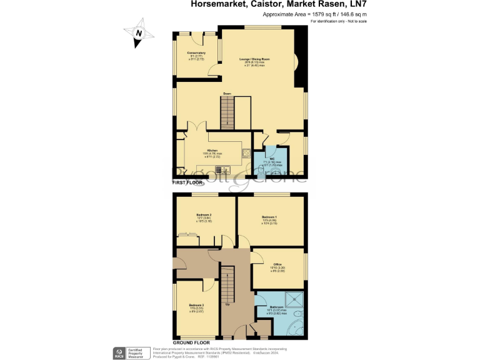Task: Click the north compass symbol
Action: click(139, 34)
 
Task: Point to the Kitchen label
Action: click(212, 151)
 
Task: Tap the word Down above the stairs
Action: click(227, 94)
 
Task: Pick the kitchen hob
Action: click(246, 152)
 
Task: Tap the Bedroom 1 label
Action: click(270, 216)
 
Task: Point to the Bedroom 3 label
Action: click(196, 306)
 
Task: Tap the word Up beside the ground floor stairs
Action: click(227, 305)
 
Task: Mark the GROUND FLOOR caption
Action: click(191, 343)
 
